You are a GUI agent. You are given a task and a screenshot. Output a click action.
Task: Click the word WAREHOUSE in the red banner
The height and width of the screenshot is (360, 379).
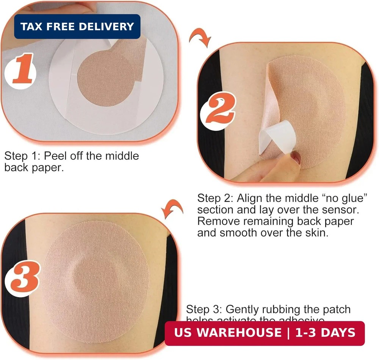[239, 333]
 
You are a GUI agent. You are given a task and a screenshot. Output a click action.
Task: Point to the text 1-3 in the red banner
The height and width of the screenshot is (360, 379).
[303, 333]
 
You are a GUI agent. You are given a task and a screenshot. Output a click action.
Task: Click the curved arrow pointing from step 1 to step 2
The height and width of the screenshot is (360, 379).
[200, 39]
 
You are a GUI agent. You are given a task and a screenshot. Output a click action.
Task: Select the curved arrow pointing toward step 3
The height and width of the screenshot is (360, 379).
[173, 209]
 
